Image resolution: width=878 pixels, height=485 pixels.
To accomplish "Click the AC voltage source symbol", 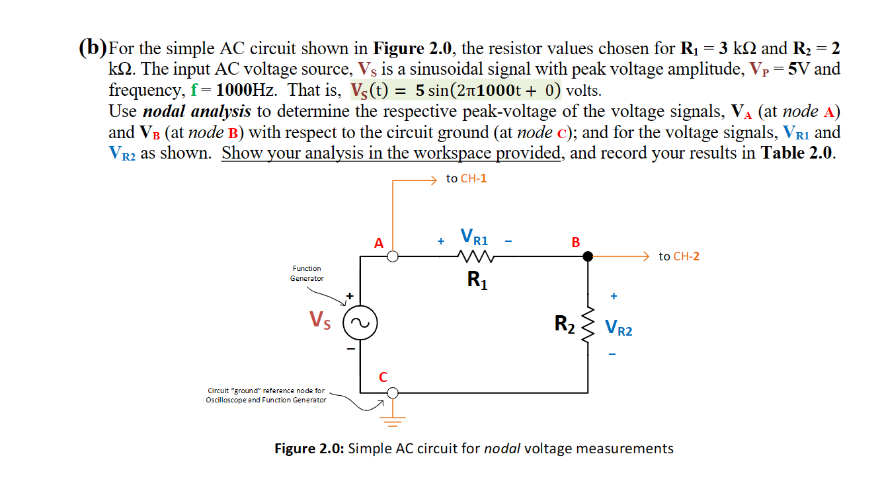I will coord(360,323).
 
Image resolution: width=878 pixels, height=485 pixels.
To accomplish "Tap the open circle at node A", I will coord(393,257).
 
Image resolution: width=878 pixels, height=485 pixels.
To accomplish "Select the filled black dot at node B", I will coord(587,257).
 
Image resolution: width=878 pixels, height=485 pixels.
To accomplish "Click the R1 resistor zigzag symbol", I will coord(474,257).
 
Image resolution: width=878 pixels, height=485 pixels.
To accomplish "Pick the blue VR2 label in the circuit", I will coord(618,328).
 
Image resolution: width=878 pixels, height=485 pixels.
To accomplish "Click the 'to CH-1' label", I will coord(466,178).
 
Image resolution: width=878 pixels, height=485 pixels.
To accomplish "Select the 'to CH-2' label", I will coord(679,256).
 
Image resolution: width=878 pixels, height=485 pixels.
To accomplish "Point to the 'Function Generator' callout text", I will coord(307,274).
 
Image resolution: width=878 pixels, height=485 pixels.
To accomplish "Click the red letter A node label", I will coord(379,243).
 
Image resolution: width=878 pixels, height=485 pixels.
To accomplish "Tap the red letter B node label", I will coord(575,243).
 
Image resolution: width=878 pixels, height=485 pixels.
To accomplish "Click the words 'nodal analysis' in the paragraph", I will coord(196,111).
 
